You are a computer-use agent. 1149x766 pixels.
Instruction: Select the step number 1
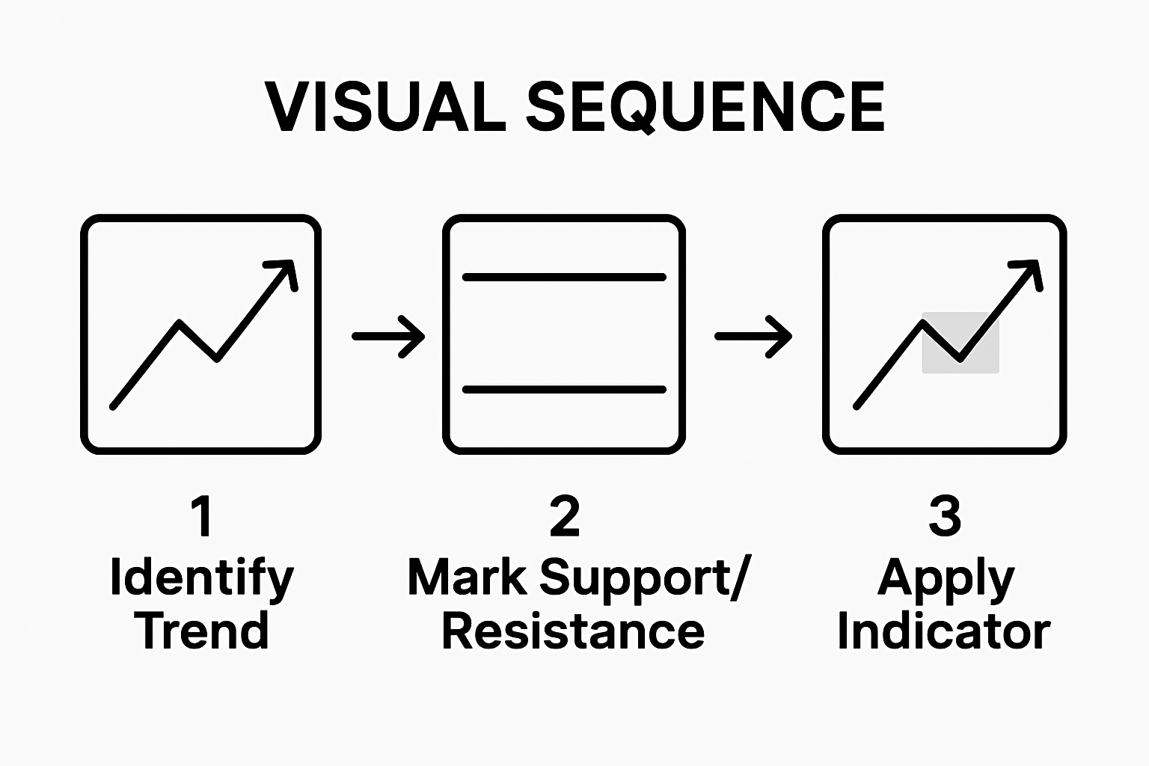(201, 516)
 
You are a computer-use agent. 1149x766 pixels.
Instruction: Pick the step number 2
(564, 516)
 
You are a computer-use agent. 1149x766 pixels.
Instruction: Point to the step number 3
(944, 516)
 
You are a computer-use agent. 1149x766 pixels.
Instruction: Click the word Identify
(201, 578)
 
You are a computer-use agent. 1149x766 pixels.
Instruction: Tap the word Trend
(201, 631)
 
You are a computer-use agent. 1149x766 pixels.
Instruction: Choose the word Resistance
(573, 631)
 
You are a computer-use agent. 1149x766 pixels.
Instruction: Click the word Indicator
(944, 631)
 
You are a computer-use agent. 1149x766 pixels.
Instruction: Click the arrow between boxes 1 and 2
(388, 337)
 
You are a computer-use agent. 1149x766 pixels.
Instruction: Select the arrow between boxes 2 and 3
(753, 337)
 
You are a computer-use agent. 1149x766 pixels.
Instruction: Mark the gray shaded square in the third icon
(960, 343)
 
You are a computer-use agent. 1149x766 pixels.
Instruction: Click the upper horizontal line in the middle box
(564, 278)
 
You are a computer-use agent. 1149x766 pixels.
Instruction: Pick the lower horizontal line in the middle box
(564, 390)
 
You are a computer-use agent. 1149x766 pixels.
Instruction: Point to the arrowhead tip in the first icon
(291, 263)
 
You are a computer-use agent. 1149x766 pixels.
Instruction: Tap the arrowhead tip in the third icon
(1036, 263)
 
